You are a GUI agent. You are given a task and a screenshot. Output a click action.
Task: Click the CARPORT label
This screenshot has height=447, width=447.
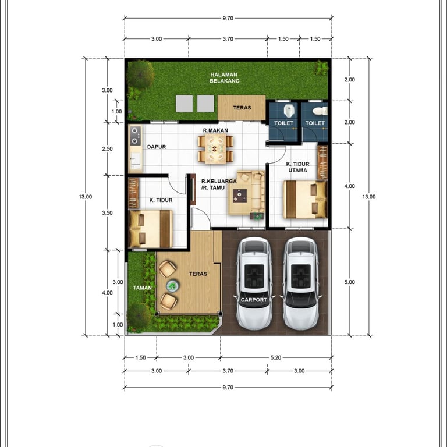(x=254, y=300)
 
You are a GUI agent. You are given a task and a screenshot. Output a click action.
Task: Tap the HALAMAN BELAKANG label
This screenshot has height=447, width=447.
(x=224, y=78)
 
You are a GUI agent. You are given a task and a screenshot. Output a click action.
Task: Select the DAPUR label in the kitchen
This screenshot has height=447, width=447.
(x=157, y=147)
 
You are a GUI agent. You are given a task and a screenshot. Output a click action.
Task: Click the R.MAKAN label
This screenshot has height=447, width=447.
(x=215, y=130)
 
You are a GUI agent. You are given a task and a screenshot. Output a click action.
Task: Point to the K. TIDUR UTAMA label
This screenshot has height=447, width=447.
(x=297, y=167)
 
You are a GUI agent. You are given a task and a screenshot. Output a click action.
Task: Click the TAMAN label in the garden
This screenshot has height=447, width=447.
(x=142, y=288)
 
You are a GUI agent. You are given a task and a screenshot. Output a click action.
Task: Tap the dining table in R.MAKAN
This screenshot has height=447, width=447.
(x=215, y=148)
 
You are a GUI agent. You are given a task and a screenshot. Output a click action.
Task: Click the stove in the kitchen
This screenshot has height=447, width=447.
(x=136, y=136)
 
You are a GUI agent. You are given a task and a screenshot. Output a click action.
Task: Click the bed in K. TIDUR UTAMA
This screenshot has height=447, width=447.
(x=305, y=200)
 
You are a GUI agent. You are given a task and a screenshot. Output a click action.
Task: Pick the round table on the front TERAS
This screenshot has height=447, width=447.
(x=172, y=286)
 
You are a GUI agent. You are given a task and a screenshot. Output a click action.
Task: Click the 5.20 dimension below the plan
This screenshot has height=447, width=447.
(x=276, y=357)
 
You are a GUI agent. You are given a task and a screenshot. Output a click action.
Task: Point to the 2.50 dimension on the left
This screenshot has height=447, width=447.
(x=108, y=148)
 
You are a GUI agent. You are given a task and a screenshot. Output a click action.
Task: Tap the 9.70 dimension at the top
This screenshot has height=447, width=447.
(x=228, y=18)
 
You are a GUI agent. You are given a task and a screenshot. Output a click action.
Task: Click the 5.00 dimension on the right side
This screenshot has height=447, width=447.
(x=349, y=282)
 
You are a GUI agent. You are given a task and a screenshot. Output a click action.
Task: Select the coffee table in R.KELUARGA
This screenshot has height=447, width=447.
(x=240, y=196)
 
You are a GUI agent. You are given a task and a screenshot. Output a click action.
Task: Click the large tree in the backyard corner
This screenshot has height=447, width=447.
(x=140, y=74)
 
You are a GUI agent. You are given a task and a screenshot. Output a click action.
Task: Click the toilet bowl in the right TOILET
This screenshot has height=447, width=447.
(x=320, y=111)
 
